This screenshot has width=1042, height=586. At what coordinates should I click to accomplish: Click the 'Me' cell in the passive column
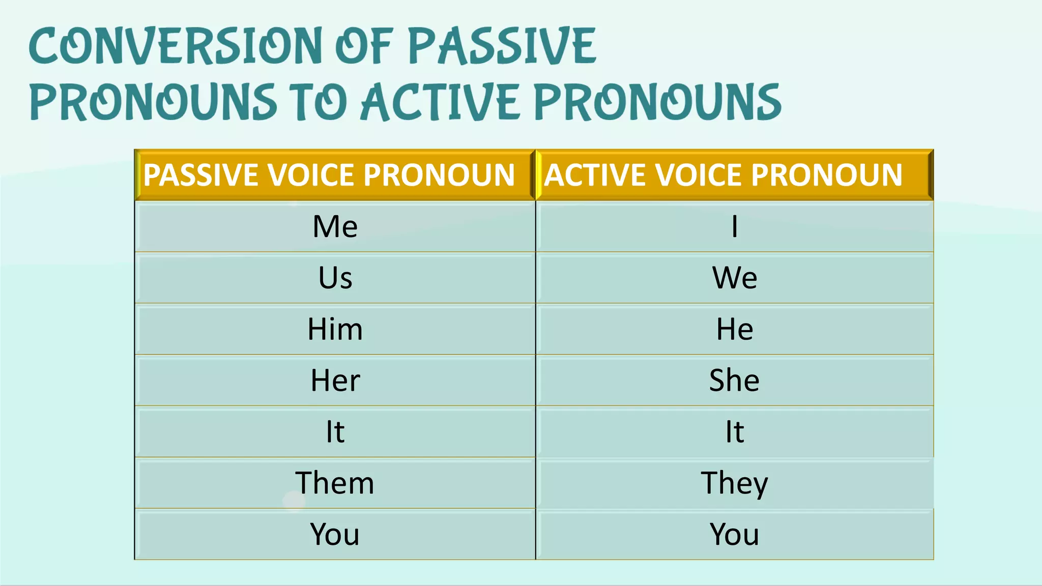tap(335, 226)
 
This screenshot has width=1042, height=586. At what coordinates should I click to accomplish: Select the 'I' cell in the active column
tap(734, 226)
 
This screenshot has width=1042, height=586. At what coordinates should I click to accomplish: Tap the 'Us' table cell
tap(335, 278)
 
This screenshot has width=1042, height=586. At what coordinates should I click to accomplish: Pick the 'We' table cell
tap(734, 278)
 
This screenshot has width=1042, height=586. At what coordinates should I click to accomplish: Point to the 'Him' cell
tap(335, 329)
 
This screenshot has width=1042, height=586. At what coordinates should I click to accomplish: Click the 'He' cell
tap(734, 329)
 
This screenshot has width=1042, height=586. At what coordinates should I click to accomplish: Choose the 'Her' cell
tap(335, 380)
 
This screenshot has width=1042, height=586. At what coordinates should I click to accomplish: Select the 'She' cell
tap(734, 380)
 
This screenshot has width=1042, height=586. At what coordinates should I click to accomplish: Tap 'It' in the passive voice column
tap(335, 432)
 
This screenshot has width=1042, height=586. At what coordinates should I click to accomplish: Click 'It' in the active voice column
tap(734, 432)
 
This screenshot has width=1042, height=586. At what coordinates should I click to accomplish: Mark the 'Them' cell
tap(335, 483)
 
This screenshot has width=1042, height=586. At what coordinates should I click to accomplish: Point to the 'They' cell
tap(734, 483)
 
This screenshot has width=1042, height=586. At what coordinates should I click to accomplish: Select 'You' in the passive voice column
tap(335, 535)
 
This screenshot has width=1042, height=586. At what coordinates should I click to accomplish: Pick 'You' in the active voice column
tap(734, 535)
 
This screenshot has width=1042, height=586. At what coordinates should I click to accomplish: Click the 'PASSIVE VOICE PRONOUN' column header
tap(329, 175)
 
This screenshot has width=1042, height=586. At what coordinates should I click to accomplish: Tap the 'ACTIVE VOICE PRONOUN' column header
tap(723, 175)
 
